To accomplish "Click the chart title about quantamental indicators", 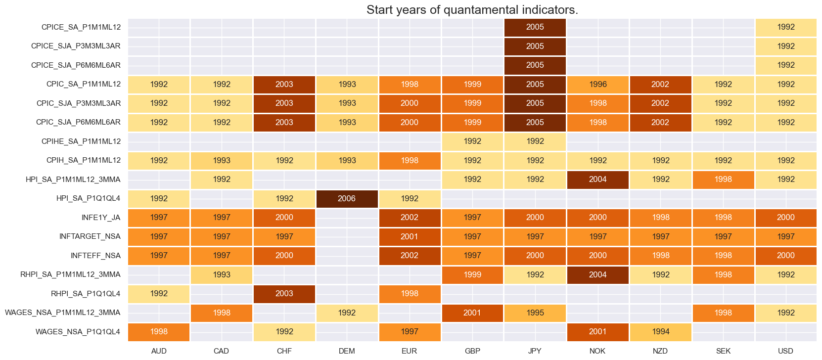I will tap(472, 10).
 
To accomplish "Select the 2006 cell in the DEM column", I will tap(347, 198).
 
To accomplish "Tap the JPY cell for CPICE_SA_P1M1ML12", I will tap(535, 27).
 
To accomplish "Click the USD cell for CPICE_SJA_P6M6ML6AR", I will tap(785, 65).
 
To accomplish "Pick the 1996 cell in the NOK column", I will tap(597, 85).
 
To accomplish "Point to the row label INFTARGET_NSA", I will tap(90, 236).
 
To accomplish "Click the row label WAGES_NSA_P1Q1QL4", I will tap(78, 332).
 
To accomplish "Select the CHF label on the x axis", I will tap(284, 351).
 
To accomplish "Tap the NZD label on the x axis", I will tap(660, 351).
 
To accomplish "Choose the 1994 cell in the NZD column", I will tap(660, 332).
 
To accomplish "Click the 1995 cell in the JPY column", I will tap(535, 313).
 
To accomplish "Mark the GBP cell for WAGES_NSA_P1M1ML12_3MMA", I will tap(472, 313).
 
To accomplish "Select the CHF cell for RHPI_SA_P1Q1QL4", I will tap(284, 294).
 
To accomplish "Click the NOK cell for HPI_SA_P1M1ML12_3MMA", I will tap(597, 180).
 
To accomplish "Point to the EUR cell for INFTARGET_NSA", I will tap(410, 236).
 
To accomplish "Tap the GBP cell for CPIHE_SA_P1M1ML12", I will tap(472, 141).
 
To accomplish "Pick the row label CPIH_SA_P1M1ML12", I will tap(83, 160).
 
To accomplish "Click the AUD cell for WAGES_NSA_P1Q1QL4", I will tap(159, 332).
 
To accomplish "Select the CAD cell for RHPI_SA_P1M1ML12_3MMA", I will tap(221, 274).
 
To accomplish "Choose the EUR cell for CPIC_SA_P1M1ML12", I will tap(410, 85).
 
